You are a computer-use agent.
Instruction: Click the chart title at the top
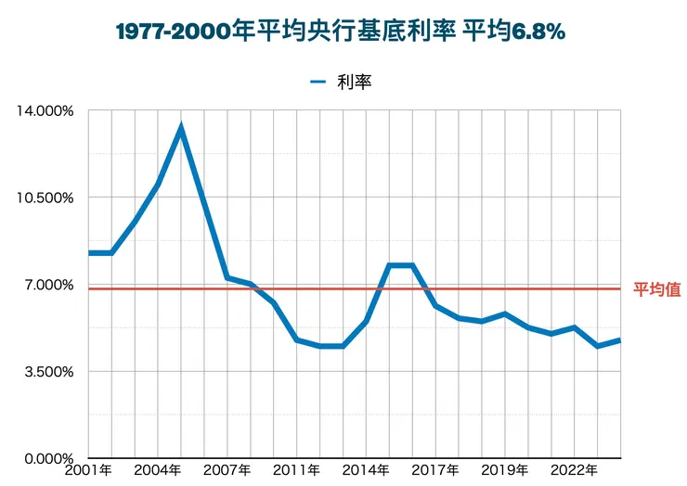click(341, 31)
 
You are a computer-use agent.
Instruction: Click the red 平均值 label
click(657, 289)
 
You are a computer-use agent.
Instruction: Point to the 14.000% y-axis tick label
click(44, 110)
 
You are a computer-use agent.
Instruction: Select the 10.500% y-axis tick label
click(44, 198)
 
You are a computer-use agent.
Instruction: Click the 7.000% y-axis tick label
click(46, 285)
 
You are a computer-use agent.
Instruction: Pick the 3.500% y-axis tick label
click(46, 372)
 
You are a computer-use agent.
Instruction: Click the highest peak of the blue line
click(181, 127)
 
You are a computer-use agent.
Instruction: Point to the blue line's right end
click(620, 340)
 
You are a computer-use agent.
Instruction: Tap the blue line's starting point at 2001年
click(89, 252)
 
